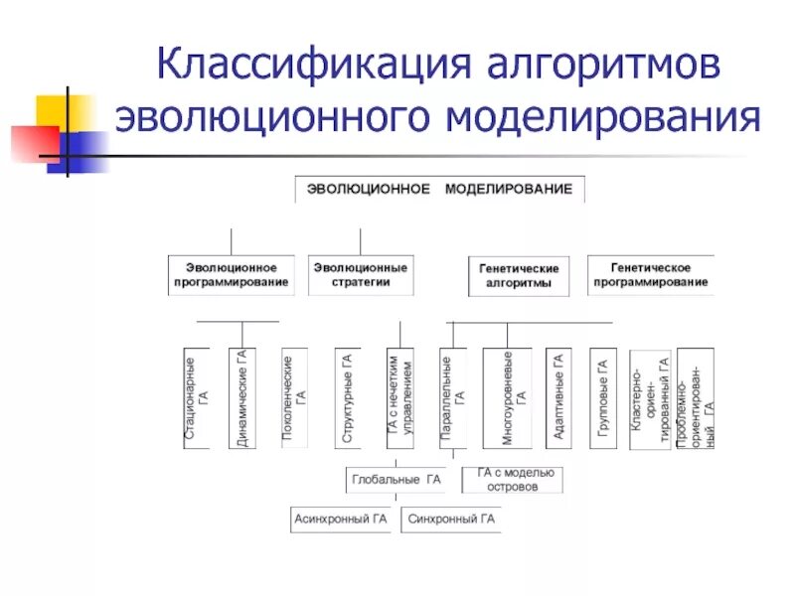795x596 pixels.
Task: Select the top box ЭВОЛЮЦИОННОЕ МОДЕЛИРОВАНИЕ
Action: coord(439,189)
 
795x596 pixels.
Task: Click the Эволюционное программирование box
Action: coord(231,275)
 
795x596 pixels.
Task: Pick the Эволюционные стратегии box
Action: coord(360,275)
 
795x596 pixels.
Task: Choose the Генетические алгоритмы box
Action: coord(519,276)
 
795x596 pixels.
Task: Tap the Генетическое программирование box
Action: coord(651,275)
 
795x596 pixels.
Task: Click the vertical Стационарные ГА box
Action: coord(197,397)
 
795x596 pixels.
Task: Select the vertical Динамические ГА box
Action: coord(241,397)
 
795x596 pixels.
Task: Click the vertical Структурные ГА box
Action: coord(347,397)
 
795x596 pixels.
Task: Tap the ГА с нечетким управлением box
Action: coord(399,397)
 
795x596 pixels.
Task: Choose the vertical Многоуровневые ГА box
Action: coord(513,397)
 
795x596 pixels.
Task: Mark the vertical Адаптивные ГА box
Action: coord(558,397)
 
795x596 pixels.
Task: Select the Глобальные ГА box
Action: coord(395,480)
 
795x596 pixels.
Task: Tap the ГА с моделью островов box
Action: coord(514,480)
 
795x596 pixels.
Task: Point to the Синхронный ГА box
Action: coord(451,519)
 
